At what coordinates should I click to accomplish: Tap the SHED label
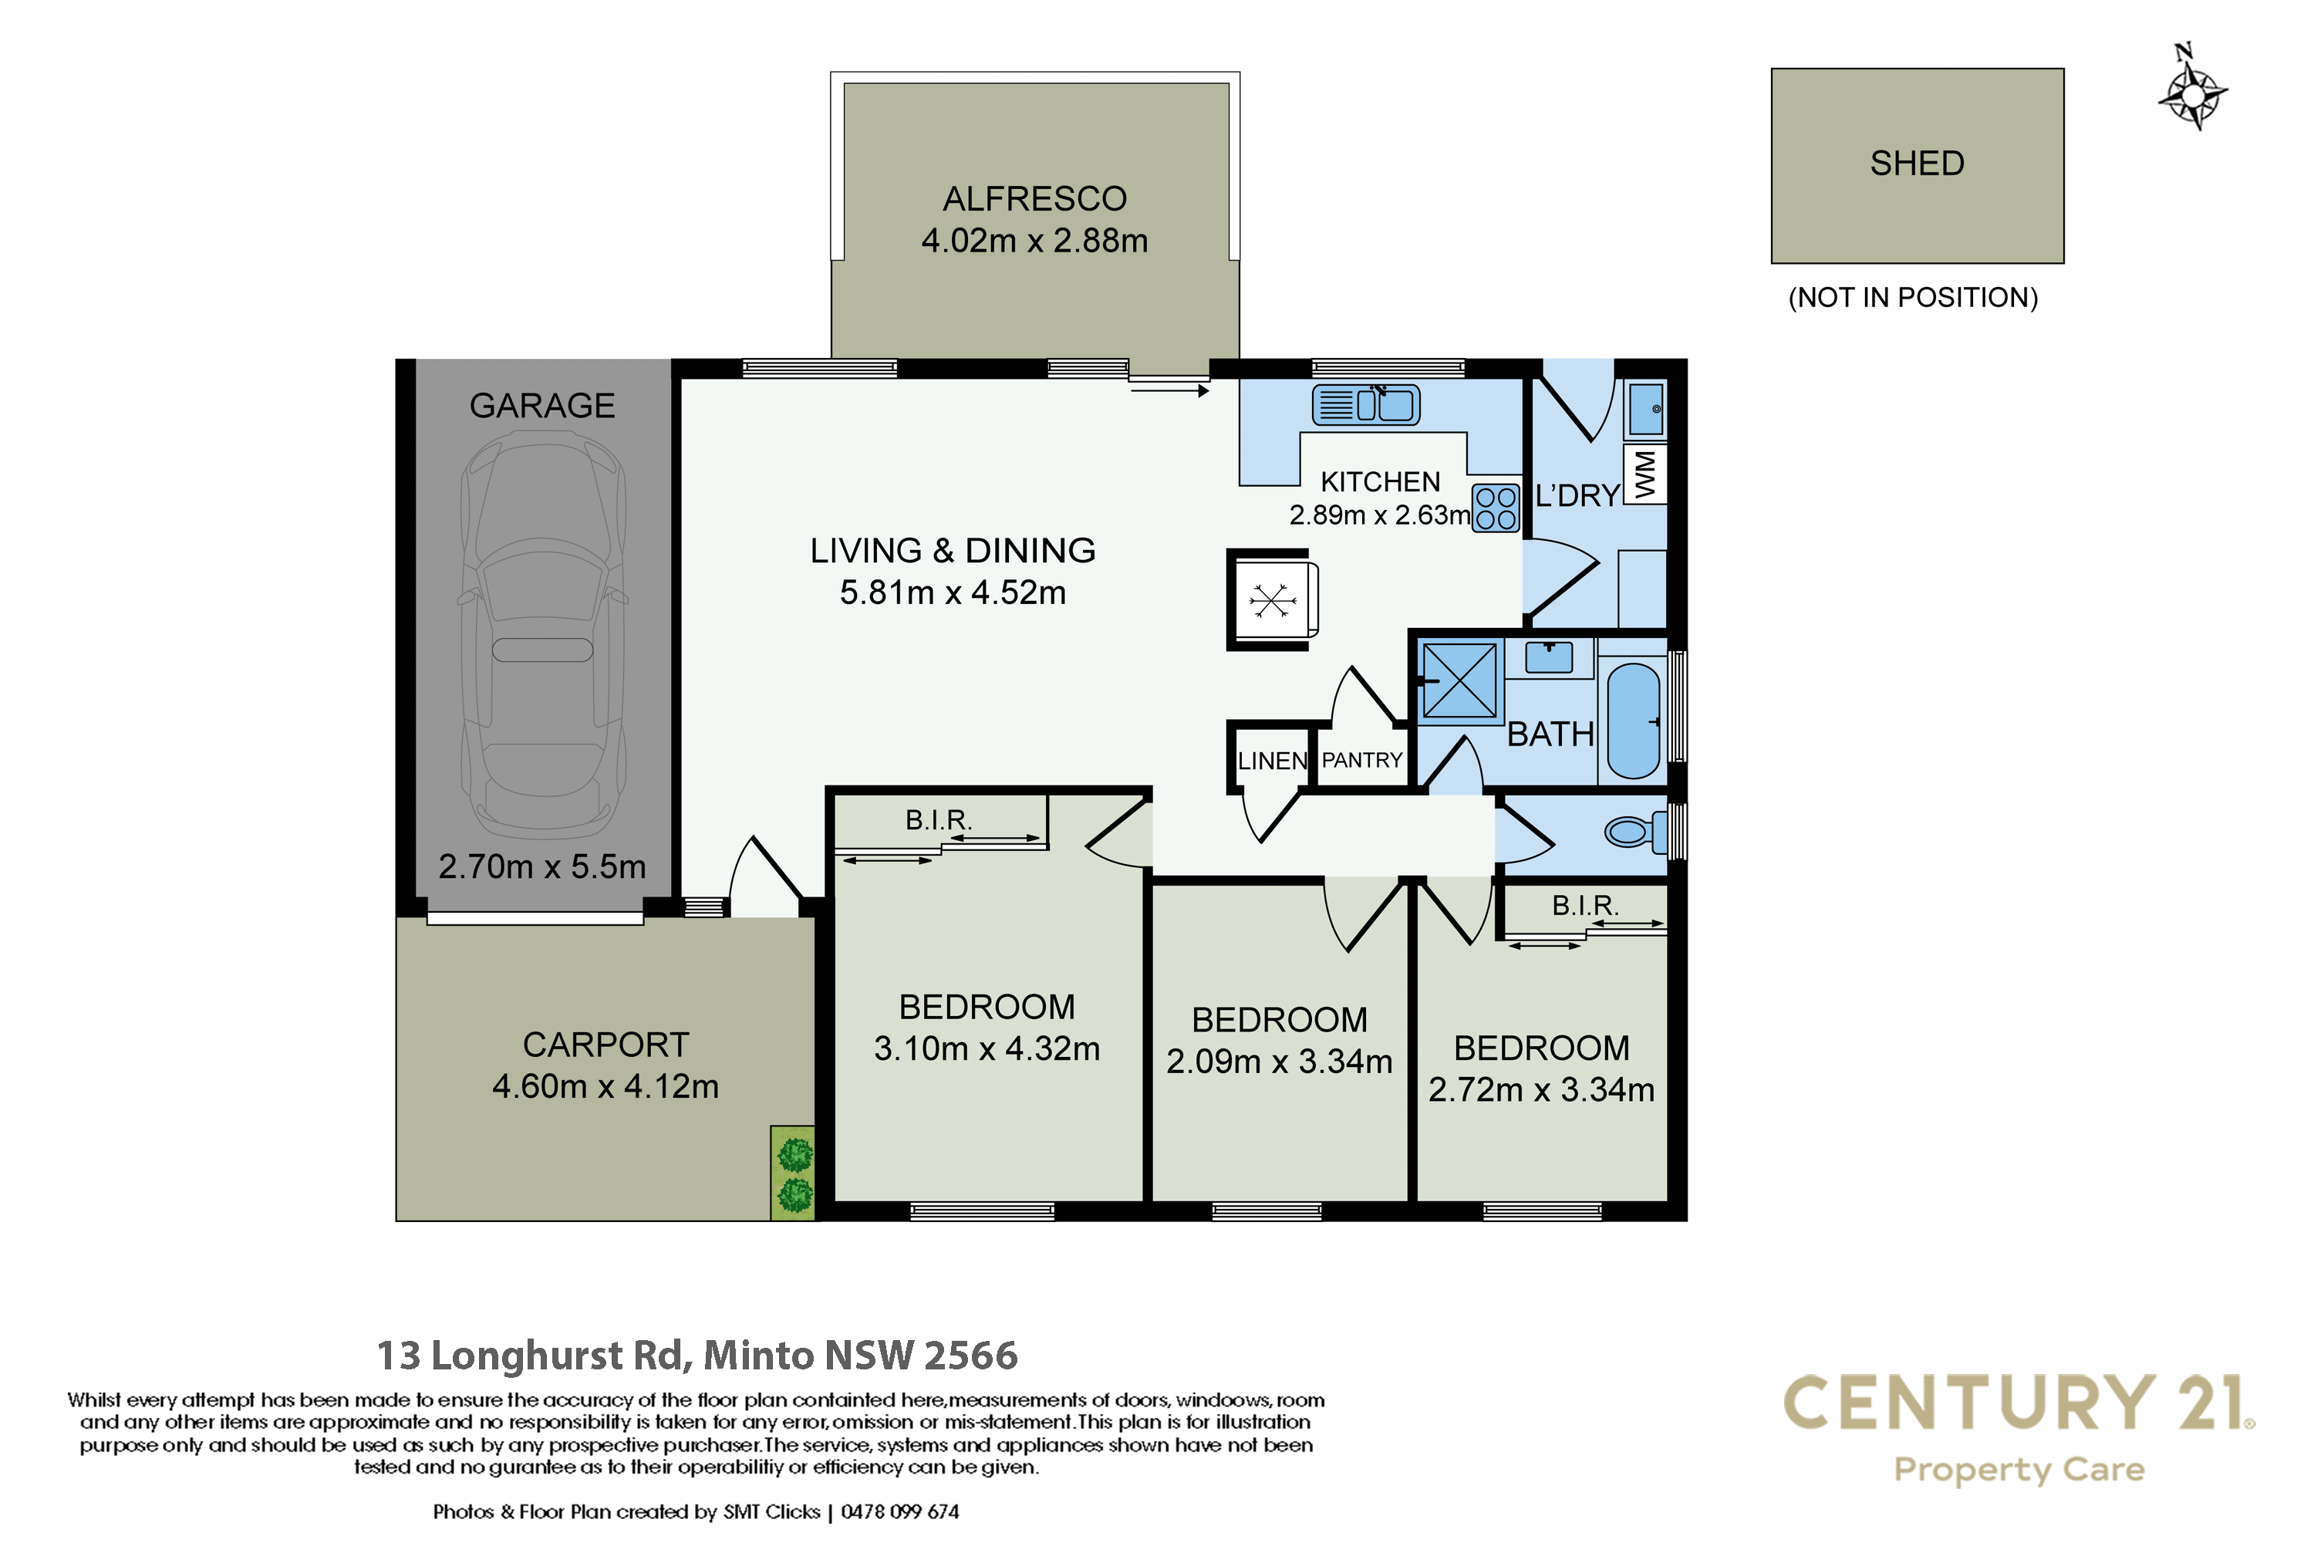[1917, 164]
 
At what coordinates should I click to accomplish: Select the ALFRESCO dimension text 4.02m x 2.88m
[1034, 240]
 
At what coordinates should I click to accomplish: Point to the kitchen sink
[1365, 404]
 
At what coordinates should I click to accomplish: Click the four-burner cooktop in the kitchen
[1496, 508]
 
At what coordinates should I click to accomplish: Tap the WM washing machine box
[1645, 474]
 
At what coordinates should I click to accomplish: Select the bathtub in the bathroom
[1633, 721]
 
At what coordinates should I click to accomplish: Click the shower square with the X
[1459, 680]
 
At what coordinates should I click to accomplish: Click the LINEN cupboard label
[1272, 761]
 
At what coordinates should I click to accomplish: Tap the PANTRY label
[1361, 760]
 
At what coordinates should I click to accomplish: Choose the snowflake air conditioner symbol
[1271, 599]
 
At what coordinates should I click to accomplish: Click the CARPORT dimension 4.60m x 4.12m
[605, 1086]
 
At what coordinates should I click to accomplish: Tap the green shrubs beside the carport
[793, 1173]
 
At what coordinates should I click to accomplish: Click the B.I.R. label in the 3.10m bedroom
[939, 819]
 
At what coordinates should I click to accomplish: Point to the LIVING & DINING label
[953, 550]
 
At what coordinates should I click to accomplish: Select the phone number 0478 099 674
[899, 1511]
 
